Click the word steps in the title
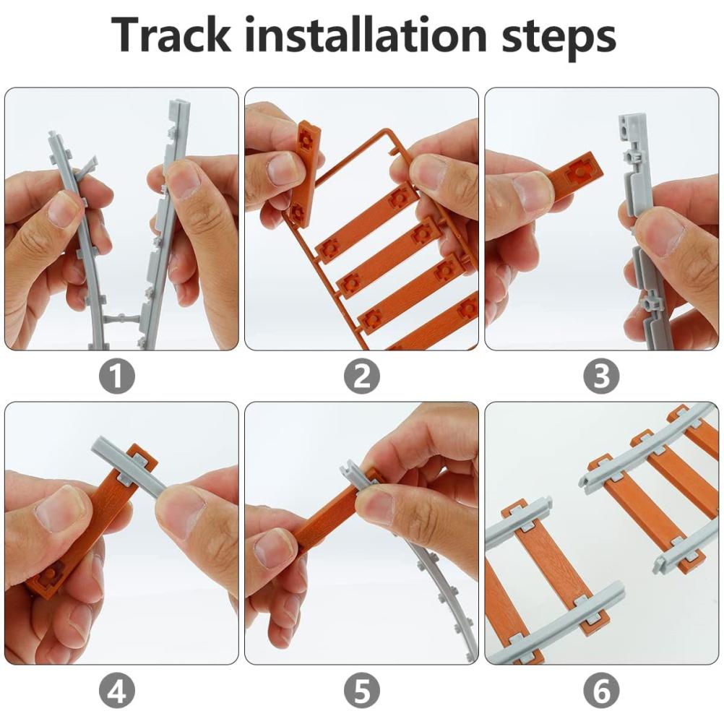coord(559,38)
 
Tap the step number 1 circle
coord(117,376)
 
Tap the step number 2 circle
coord(361,376)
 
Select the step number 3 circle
coord(601,376)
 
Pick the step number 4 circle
coord(117,690)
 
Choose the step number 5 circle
coord(361,690)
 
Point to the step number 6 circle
coord(601,690)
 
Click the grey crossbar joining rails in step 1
coord(121,319)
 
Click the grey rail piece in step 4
coord(129,466)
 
